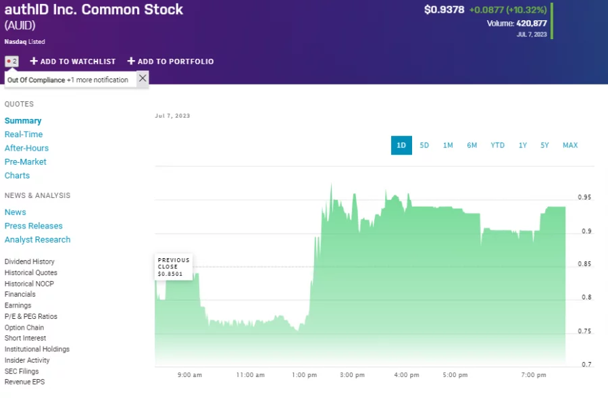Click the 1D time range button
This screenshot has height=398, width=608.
pyautogui.click(x=401, y=145)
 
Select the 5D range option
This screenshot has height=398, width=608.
pyautogui.click(x=424, y=145)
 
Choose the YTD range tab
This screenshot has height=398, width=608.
pyautogui.click(x=497, y=145)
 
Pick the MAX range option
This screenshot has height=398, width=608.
pyautogui.click(x=570, y=145)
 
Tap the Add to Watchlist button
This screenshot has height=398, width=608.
pyautogui.click(x=73, y=61)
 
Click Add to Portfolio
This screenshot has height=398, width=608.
pyautogui.click(x=170, y=61)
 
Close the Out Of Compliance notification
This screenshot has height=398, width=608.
pyautogui.click(x=142, y=78)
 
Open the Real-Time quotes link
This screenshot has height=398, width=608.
pyautogui.click(x=24, y=134)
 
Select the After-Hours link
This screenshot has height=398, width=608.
pyautogui.click(x=26, y=148)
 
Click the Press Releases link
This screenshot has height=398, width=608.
pyautogui.click(x=33, y=226)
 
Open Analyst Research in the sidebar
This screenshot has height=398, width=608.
pyautogui.click(x=37, y=239)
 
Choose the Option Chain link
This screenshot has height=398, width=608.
pyautogui.click(x=24, y=328)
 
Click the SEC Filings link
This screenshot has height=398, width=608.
pyautogui.click(x=22, y=371)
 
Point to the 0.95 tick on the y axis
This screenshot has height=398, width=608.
pyautogui.click(x=584, y=197)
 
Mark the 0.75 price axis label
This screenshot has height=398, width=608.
pyautogui.click(x=584, y=331)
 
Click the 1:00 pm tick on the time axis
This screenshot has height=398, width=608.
pyautogui.click(x=304, y=375)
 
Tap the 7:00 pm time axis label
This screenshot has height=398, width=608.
pyautogui.click(x=534, y=375)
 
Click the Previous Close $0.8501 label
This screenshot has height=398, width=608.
pyautogui.click(x=173, y=266)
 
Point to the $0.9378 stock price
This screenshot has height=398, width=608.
pyautogui.click(x=444, y=10)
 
